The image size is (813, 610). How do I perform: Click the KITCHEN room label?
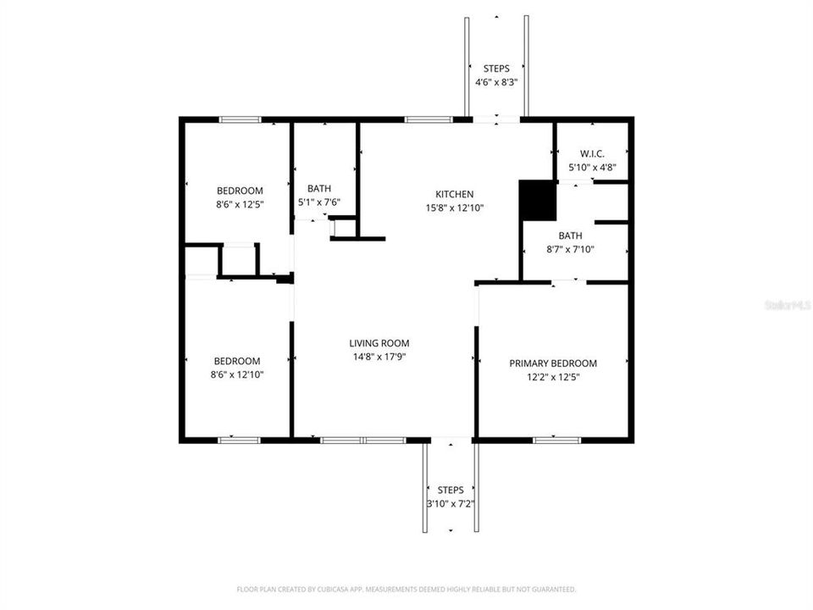pos(455,194)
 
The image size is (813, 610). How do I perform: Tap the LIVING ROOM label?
pos(379,343)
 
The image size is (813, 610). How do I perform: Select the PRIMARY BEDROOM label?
pos(553,363)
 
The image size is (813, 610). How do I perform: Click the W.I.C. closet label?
pos(592,153)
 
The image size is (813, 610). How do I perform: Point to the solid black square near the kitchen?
pos(537,201)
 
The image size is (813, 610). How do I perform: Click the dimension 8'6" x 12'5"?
pos(240,204)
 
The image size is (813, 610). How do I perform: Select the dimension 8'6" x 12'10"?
pos(237,374)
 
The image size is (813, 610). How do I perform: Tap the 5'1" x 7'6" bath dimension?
pos(319,202)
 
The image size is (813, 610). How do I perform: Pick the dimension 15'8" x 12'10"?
pos(455,208)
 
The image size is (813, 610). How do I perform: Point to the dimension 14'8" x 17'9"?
pos(379,357)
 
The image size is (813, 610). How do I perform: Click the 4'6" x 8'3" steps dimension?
pos(496,82)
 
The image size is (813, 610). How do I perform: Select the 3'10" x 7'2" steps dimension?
pos(451,503)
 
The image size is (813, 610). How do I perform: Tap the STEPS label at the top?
pos(496,69)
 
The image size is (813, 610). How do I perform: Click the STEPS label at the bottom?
pos(451,490)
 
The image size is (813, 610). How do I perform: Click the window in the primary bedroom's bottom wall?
pos(557,440)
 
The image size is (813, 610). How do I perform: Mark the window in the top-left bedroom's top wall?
pos(241,119)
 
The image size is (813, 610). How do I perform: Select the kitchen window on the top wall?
pos(427,119)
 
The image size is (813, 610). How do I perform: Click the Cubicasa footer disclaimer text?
pos(406,589)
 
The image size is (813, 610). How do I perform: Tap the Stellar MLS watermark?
pos(787,303)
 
